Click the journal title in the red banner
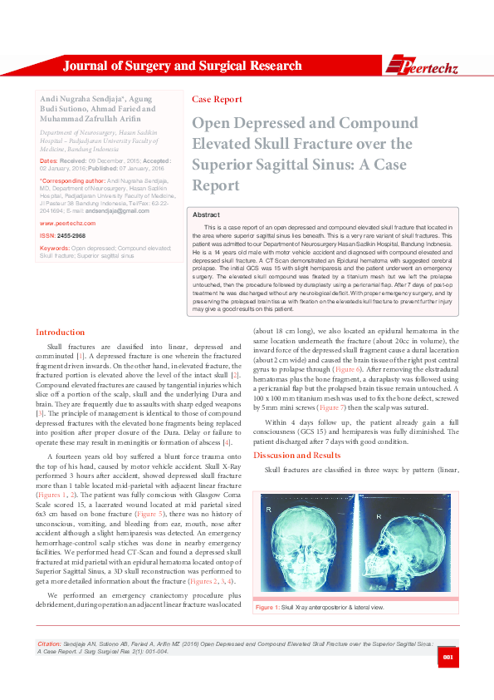tap(183, 66)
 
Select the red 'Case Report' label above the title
tap(217, 99)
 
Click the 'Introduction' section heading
tap(60, 356)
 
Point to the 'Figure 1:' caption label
tap(268, 609)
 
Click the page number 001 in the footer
tap(447, 659)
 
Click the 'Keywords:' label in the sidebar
tap(54, 248)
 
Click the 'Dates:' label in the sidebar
tap(48, 160)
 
